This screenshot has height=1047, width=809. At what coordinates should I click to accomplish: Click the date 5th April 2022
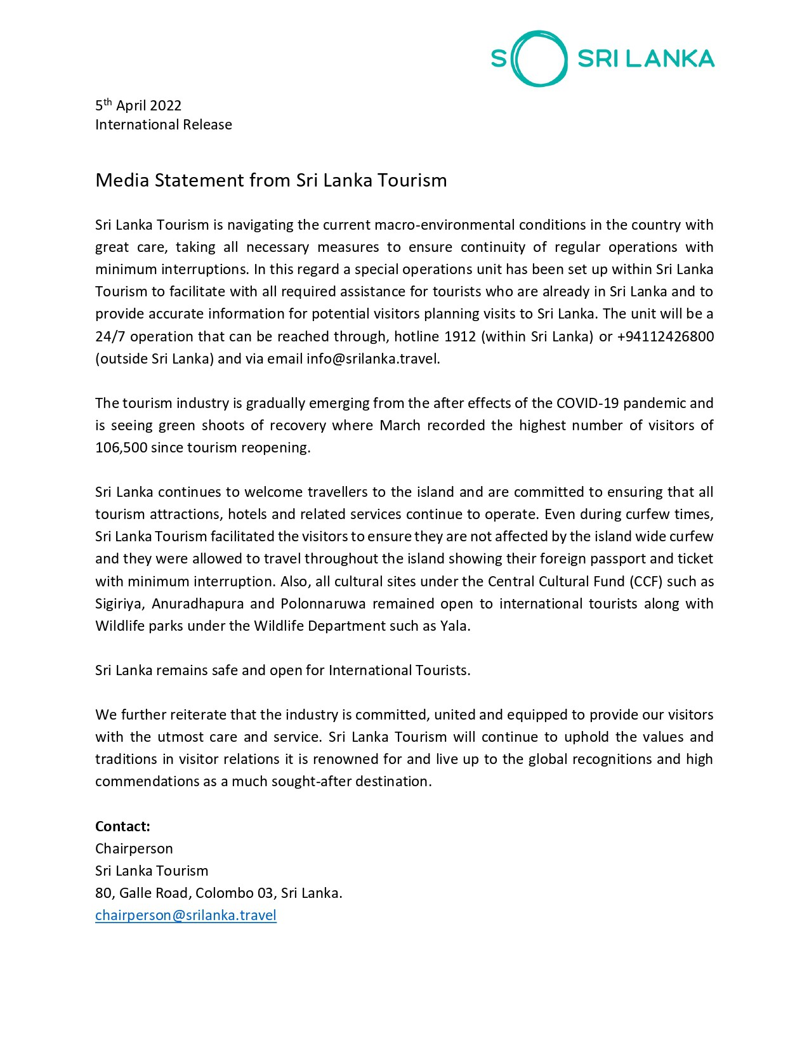pyautogui.click(x=138, y=105)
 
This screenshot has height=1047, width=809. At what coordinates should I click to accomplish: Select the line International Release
pyautogui.click(x=164, y=124)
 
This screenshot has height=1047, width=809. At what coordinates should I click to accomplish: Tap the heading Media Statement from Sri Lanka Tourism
pyautogui.click(x=271, y=180)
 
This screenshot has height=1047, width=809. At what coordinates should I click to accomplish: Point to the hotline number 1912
pyautogui.click(x=460, y=336)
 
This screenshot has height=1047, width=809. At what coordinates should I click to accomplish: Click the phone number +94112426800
pyautogui.click(x=665, y=336)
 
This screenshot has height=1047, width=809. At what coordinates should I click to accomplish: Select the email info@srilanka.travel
pyautogui.click(x=372, y=359)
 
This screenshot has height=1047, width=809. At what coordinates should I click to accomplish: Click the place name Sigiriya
pyautogui.click(x=119, y=603)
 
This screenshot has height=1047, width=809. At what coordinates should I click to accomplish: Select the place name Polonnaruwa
pyautogui.click(x=323, y=603)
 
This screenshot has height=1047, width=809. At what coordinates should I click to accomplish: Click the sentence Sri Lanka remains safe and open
pyautogui.click(x=282, y=670)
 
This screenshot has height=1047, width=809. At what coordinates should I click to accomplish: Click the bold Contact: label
pyautogui.click(x=122, y=826)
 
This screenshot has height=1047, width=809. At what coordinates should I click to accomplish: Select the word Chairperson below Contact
pyautogui.click(x=134, y=848)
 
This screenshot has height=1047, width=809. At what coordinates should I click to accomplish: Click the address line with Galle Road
pyautogui.click(x=218, y=893)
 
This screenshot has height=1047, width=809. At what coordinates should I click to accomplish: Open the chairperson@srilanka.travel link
pyautogui.click(x=186, y=915)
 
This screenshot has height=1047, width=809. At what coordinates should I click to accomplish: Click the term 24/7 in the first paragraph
pyautogui.click(x=109, y=336)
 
